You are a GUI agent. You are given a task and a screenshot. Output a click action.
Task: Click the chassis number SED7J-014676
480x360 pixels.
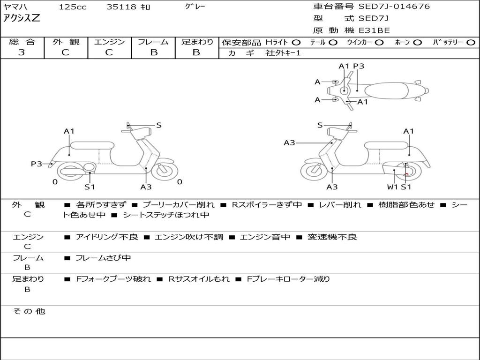pos(394,7)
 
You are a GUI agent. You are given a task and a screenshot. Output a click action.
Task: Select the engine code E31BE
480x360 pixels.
pos(374,30)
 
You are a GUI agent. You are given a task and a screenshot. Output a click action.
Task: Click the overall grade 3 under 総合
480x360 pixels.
pos(22,52)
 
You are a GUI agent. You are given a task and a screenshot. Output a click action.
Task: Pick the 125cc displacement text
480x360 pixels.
pos(73,7)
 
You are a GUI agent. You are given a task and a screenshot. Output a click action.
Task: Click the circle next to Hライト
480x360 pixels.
pos(296,43)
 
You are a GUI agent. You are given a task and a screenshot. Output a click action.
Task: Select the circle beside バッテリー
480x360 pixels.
pos(471,43)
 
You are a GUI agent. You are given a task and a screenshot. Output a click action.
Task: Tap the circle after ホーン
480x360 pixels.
pos(417,43)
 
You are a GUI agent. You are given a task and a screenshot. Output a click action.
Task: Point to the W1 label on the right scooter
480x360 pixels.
pos(392,187)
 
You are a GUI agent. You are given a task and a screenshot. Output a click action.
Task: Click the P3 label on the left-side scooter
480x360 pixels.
pos(37,164)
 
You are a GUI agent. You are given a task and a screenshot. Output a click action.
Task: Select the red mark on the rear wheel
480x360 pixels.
pos(406,174)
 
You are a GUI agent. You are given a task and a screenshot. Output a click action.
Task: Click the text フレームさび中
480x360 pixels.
pos(103,258)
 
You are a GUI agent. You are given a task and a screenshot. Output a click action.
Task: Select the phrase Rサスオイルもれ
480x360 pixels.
pos(199,279)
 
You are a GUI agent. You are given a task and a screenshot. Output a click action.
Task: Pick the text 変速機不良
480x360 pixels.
pos(332,237)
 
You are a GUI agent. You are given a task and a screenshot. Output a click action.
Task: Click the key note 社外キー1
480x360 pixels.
pos(283,53)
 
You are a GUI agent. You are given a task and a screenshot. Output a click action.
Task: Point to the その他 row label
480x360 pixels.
pos(29,311)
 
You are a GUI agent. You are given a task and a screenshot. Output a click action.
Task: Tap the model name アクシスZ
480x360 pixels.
pos(22,18)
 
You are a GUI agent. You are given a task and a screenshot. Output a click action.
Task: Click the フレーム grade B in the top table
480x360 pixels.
pos(154,52)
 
